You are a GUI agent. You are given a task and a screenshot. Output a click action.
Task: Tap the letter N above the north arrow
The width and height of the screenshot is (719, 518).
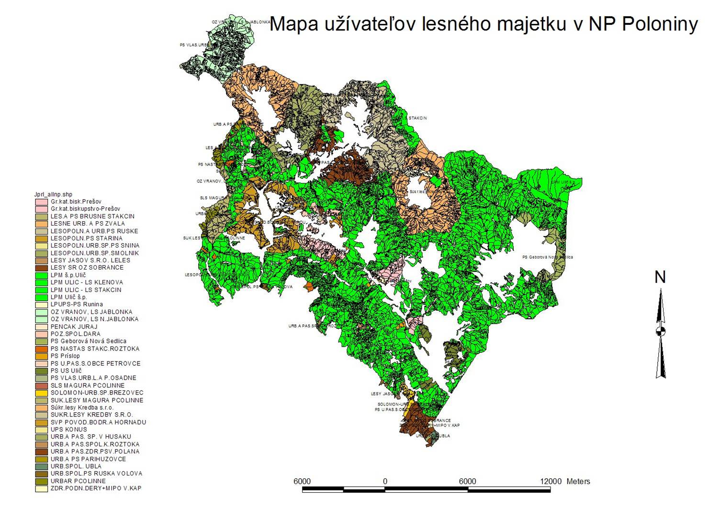click(x=660, y=277)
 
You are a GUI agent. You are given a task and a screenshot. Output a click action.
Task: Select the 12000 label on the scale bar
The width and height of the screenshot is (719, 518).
click(x=550, y=481)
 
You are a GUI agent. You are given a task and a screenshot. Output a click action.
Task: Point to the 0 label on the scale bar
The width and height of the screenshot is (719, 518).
click(x=385, y=481)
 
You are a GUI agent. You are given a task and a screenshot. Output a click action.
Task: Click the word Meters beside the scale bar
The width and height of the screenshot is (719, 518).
click(x=578, y=481)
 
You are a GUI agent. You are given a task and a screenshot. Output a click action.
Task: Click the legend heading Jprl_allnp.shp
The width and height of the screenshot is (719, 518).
click(x=53, y=194)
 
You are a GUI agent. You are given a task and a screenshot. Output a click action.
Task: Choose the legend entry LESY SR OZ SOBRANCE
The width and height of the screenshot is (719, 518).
click(x=87, y=268)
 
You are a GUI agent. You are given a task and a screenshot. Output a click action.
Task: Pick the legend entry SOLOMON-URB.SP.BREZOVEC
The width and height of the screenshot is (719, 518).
click(x=97, y=393)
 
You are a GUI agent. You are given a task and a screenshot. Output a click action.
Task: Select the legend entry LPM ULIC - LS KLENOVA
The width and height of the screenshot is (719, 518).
click(x=86, y=282)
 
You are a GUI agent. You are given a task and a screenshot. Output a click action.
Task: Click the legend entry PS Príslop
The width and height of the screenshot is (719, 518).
click(x=65, y=356)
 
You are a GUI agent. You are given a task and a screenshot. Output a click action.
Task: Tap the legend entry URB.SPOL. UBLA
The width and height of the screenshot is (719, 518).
click(x=77, y=466)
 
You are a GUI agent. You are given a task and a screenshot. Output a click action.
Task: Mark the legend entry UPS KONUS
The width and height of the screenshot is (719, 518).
click(x=69, y=429)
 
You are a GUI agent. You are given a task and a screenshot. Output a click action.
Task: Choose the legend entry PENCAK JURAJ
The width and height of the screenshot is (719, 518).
click(x=74, y=327)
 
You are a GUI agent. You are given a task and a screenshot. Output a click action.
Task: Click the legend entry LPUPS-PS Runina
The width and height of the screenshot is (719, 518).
click(x=77, y=304)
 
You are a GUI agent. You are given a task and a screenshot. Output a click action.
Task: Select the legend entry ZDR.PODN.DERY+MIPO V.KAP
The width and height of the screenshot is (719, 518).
click(x=96, y=488)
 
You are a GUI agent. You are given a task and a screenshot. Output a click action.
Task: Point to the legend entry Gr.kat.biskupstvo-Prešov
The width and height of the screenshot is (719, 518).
click(x=85, y=209)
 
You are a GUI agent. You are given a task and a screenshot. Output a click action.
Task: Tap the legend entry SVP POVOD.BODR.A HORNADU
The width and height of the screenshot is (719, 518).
click(x=98, y=422)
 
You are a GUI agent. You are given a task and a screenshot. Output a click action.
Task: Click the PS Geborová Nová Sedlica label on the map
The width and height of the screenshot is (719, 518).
click(x=547, y=257)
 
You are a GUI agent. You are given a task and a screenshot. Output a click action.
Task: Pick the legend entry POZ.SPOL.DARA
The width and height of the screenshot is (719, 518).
click(x=75, y=334)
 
